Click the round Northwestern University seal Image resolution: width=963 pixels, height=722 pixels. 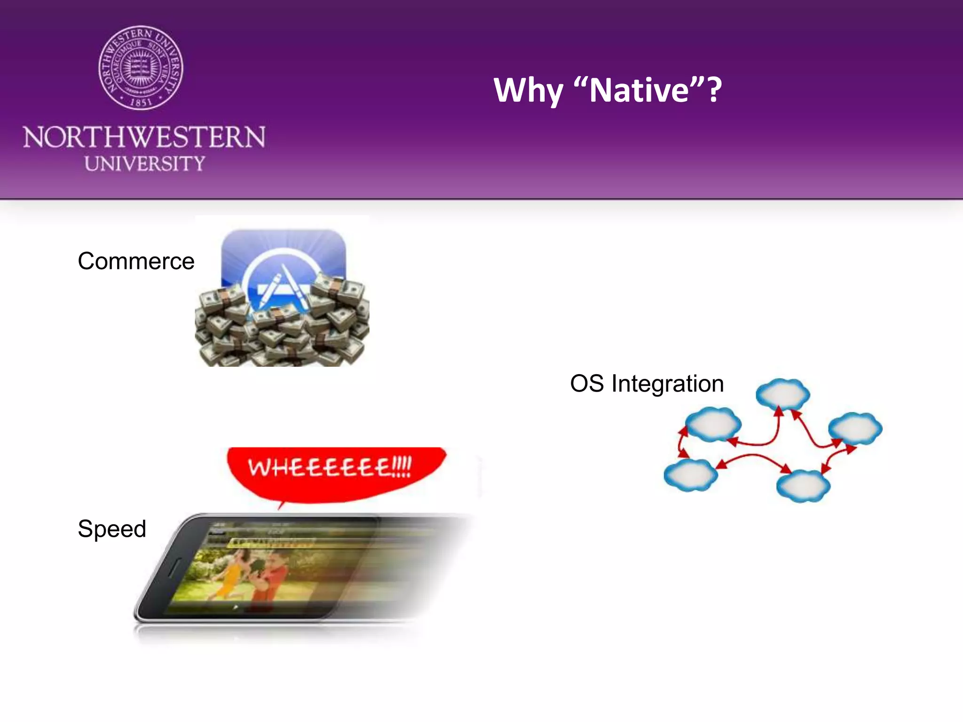[x=141, y=68]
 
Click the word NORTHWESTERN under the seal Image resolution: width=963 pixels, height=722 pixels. [x=144, y=137]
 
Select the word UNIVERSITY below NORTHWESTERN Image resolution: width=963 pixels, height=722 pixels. [x=145, y=164]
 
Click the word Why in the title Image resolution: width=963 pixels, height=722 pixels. [x=528, y=90]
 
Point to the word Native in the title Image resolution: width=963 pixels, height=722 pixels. [x=639, y=90]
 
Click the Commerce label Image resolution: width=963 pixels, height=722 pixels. [x=136, y=261]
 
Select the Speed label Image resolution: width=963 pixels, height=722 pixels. [x=112, y=529]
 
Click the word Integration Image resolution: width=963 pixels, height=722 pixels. [x=667, y=384]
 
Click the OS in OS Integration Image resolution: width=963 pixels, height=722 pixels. [x=586, y=384]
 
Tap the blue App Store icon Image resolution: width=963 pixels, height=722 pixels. [x=284, y=263]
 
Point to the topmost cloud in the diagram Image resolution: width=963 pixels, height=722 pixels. [x=782, y=393]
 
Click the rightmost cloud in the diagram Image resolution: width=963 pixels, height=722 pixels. [x=855, y=428]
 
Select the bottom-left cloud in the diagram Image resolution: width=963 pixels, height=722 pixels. [x=690, y=475]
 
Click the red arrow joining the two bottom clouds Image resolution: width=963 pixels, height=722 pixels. [x=752, y=459]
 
